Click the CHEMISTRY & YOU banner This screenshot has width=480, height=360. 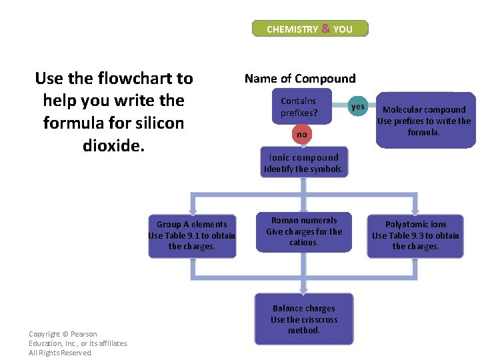[x=309, y=29]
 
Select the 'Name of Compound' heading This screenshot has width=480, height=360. [x=300, y=79]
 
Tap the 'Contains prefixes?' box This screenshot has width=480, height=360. [x=299, y=107]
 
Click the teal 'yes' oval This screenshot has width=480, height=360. [x=358, y=107]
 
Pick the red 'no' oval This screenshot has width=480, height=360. [x=302, y=135]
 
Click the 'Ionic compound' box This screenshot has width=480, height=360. [x=304, y=163]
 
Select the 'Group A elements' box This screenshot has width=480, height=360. [x=192, y=235]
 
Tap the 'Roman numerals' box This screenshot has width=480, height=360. [x=304, y=231]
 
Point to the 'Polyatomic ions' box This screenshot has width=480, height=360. [x=415, y=235]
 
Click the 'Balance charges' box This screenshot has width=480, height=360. [x=304, y=319]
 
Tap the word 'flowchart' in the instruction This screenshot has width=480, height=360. [x=133, y=79]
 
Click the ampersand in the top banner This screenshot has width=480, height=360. [x=325, y=29]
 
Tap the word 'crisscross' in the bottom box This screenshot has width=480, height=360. [x=317, y=319]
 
